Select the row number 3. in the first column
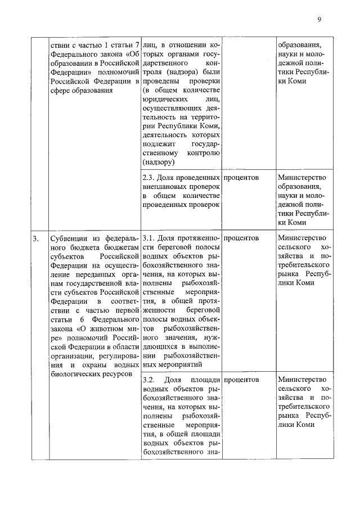point(35,238)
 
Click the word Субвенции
point(69,238)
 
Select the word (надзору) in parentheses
point(159,162)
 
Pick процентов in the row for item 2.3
point(241,177)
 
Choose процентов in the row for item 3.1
point(241,238)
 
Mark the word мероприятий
point(187,363)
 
